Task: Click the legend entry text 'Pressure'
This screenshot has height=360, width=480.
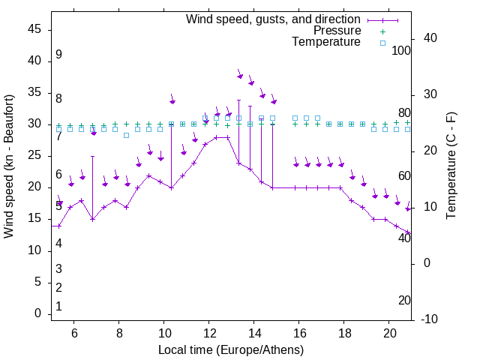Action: click(x=337, y=31)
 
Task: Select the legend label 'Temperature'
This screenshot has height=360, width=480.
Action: click(x=326, y=42)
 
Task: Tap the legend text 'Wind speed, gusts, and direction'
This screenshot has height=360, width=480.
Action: click(x=274, y=19)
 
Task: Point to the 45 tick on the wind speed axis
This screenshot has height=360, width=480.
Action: click(x=34, y=29)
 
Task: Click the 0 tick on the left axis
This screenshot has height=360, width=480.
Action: click(x=38, y=313)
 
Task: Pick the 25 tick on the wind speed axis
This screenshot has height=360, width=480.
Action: click(x=34, y=156)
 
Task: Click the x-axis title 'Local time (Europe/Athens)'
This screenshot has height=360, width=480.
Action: click(x=231, y=349)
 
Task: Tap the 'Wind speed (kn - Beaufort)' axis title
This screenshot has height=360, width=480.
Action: click(x=10, y=166)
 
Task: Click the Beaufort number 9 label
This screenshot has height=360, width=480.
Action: click(x=58, y=55)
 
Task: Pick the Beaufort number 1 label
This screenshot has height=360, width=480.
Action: click(x=58, y=307)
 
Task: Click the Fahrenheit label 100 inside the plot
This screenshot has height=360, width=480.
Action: click(x=402, y=50)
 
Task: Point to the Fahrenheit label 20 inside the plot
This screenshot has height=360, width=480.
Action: click(x=404, y=300)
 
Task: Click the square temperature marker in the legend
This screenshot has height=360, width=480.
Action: click(x=382, y=43)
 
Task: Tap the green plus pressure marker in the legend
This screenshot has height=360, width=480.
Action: click(x=382, y=31)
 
